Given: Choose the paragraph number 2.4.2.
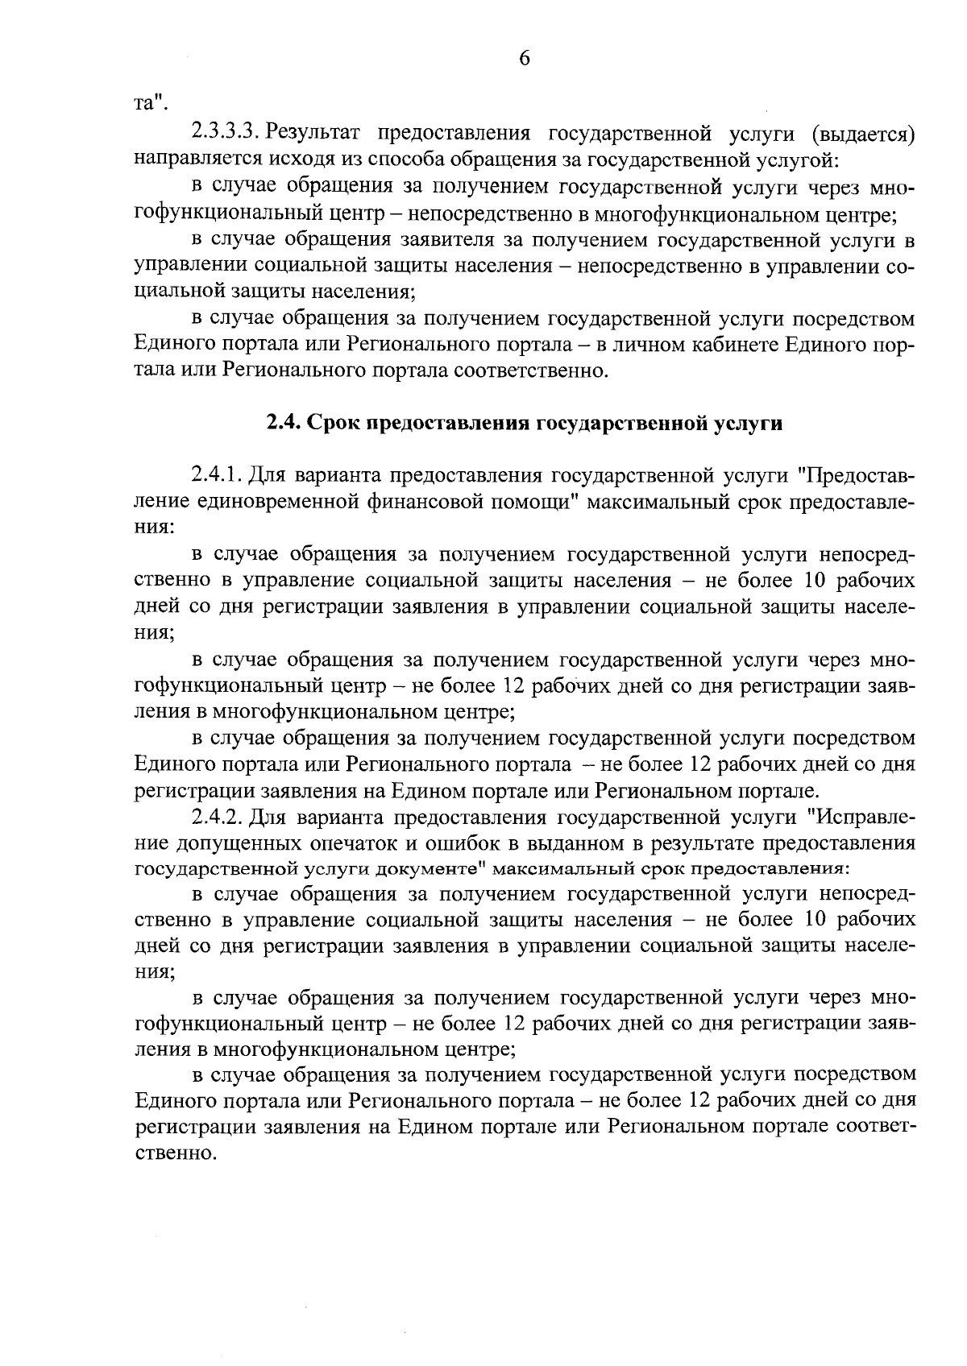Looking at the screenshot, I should (218, 818).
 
